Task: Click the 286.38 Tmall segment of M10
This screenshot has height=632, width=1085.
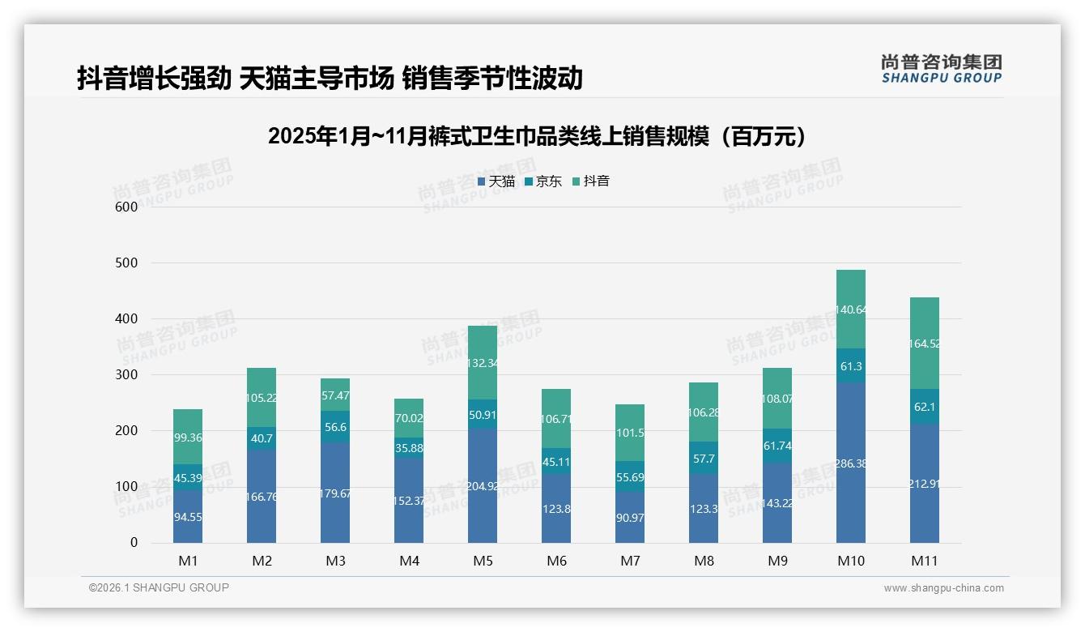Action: click(x=850, y=463)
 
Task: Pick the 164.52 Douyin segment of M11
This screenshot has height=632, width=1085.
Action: click(x=924, y=344)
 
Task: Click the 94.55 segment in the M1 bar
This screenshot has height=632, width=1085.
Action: click(x=188, y=516)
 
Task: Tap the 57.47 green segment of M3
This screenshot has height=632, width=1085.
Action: click(x=335, y=395)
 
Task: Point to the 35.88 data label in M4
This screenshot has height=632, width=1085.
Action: click(x=409, y=448)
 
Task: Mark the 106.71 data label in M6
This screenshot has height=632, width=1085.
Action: click(x=556, y=419)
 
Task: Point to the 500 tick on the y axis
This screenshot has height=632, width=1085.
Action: click(x=126, y=263)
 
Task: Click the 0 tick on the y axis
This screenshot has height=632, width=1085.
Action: click(x=134, y=543)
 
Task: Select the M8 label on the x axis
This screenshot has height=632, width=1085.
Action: click(x=704, y=561)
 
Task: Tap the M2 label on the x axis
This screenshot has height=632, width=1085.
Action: click(x=262, y=561)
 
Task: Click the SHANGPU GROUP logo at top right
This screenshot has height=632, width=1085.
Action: click(x=941, y=69)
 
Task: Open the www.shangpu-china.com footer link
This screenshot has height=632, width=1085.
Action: click(x=943, y=588)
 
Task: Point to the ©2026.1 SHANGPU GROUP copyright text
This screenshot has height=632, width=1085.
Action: click(x=159, y=587)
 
